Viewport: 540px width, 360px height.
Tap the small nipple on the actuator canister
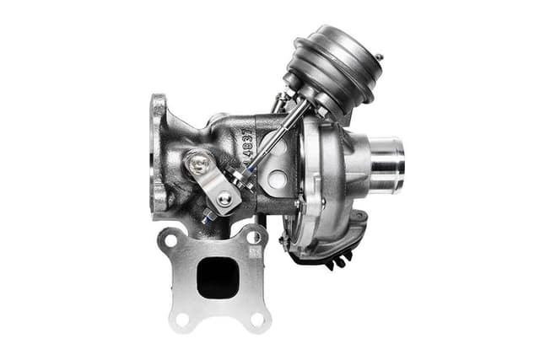380,57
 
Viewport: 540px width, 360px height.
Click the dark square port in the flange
218,277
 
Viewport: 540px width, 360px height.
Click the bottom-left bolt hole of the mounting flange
180,318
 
